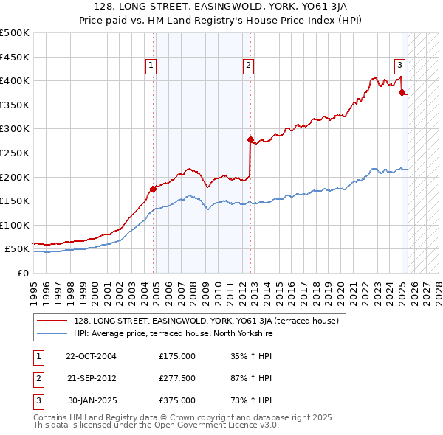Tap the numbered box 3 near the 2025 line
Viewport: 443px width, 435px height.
pyautogui.click(x=399, y=64)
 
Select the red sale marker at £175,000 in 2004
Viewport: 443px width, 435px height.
pyautogui.click(x=154, y=189)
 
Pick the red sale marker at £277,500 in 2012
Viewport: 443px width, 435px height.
pyautogui.click(x=250, y=139)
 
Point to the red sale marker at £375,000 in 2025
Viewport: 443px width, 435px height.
pyautogui.click(x=402, y=92)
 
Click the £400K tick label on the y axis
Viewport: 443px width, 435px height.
pyautogui.click(x=15, y=81)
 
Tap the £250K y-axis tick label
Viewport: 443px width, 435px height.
pyautogui.click(x=15, y=153)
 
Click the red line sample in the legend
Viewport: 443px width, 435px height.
pyautogui.click(x=52, y=321)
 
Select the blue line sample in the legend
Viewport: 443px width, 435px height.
pyautogui.click(x=52, y=333)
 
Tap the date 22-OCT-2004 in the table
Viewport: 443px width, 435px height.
pyautogui.click(x=91, y=356)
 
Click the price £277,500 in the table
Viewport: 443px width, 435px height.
pyautogui.click(x=177, y=378)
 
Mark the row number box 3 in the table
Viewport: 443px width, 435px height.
pyautogui.click(x=38, y=400)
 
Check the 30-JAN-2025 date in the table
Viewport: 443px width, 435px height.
pyautogui.click(x=92, y=400)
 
